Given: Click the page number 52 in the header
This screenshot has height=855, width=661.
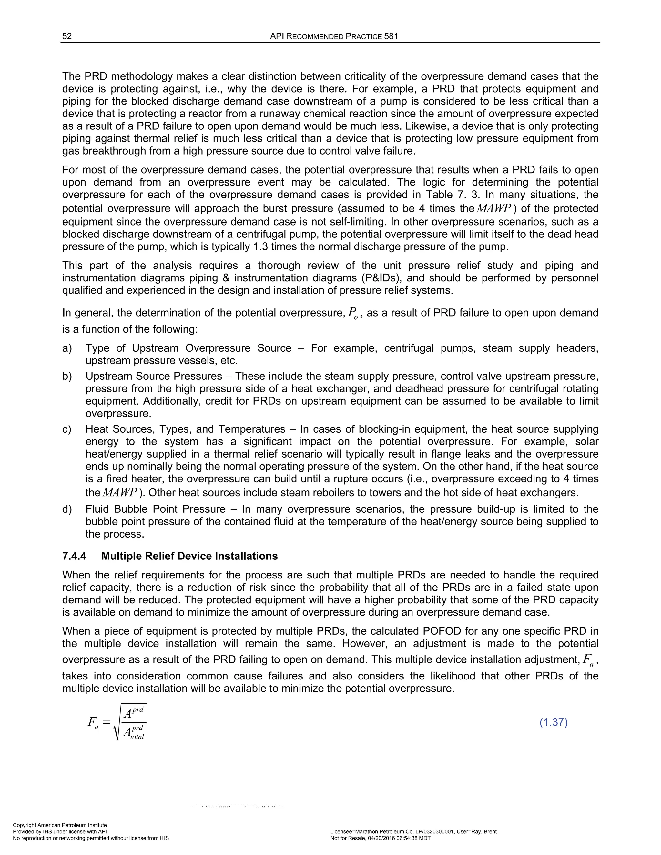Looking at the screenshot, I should click(x=67, y=36).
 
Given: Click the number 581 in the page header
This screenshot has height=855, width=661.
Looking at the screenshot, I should click(x=391, y=36).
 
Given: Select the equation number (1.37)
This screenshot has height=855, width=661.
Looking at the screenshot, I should click(x=553, y=722).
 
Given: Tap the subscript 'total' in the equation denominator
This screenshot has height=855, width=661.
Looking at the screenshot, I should click(x=137, y=737).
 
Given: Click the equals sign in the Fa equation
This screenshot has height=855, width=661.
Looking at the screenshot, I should click(x=105, y=723).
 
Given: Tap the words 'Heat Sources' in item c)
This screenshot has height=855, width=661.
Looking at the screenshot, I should click(x=116, y=429).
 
